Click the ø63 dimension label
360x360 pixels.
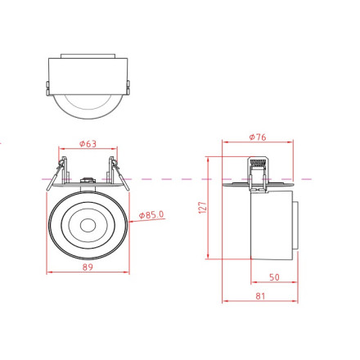pyautogui.click(x=88, y=144)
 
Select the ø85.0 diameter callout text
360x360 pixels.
pyautogui.click(x=152, y=214)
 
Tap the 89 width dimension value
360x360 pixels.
pyautogui.click(x=88, y=267)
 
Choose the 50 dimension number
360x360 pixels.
pyautogui.click(x=273, y=277)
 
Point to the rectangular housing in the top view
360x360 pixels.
pyautogui.click(x=87, y=71)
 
